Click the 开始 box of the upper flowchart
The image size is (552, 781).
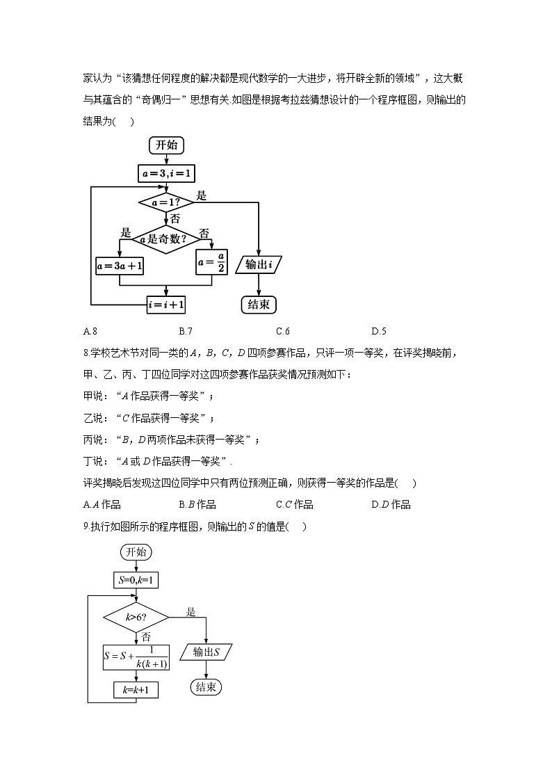[166, 145]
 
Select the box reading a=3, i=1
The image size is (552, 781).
[166, 173]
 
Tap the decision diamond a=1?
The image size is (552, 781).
[166, 202]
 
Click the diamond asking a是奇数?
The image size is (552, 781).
[165, 239]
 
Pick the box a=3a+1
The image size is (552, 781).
[120, 265]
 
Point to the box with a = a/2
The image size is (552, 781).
[211, 263]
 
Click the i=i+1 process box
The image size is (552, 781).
[166, 304]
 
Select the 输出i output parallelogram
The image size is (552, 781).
[259, 264]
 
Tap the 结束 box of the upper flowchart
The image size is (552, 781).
[259, 304]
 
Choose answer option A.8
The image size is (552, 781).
[88, 331]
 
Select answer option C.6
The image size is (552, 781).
[282, 331]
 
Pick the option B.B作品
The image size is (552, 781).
[197, 504]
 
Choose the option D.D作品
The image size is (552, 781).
[391, 504]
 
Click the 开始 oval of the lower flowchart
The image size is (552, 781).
[136, 551]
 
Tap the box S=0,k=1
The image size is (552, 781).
[136, 579]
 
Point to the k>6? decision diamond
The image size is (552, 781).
[136, 617]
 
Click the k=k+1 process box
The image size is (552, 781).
[136, 689]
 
